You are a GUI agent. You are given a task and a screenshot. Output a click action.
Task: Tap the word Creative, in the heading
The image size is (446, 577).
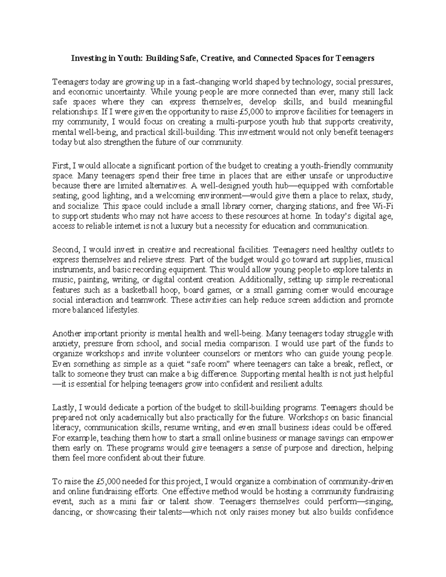point(217,58)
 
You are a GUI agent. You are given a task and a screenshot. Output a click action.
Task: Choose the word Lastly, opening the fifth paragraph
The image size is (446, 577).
point(63,407)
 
